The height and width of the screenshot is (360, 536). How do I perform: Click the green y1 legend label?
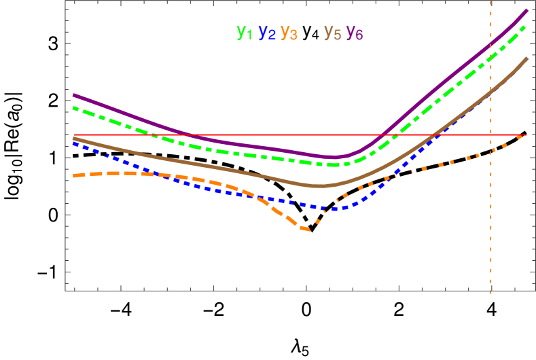(244, 32)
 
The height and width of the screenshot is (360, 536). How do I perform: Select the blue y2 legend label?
(267, 33)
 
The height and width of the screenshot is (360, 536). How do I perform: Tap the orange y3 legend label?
(289, 33)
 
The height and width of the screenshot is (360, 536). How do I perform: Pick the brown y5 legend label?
(332, 33)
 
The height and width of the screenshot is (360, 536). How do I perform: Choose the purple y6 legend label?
(355, 33)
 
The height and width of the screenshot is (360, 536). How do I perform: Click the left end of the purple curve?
(73, 95)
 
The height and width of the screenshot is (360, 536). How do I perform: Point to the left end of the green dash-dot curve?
(73, 107)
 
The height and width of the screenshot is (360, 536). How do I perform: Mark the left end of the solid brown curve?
(73, 139)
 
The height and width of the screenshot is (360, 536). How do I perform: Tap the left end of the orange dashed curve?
(74, 176)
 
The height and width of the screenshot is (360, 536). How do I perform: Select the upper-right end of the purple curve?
(528, 10)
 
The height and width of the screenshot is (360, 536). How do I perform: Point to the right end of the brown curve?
(528, 58)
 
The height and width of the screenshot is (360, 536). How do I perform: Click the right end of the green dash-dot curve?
(526, 26)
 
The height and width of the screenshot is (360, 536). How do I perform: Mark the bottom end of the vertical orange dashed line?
(490, 293)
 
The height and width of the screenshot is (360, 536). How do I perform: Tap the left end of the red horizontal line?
(73, 135)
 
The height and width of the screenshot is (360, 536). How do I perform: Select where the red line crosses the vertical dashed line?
(490, 135)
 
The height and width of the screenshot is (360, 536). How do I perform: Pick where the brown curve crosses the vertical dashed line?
(490, 94)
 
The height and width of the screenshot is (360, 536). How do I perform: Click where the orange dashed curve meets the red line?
(522, 135)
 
